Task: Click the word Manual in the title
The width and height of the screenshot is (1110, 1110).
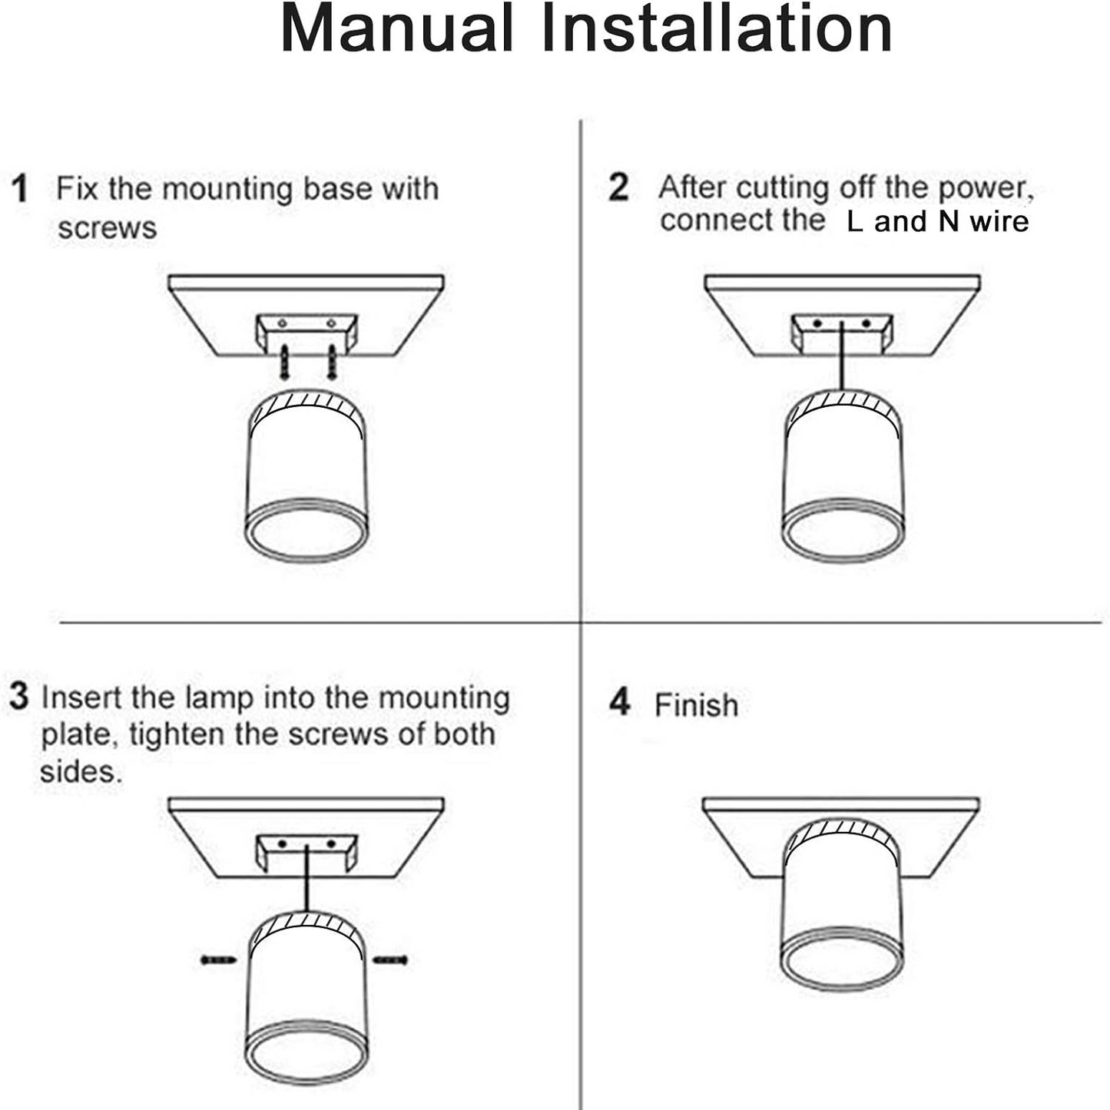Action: [x=397, y=29]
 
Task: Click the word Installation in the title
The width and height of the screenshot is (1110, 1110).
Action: [x=716, y=29]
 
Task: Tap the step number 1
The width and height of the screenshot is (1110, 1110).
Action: [x=20, y=189]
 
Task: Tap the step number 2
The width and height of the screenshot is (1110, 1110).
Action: [x=618, y=187]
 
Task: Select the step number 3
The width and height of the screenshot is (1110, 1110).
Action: [x=19, y=696]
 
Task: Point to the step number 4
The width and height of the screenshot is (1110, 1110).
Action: [x=619, y=702]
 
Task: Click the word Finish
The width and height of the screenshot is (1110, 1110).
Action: [x=696, y=705]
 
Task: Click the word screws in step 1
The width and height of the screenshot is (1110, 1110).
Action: [x=107, y=228]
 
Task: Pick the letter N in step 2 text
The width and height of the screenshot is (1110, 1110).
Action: [x=949, y=221]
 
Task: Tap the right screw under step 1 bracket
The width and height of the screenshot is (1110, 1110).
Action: [x=332, y=362]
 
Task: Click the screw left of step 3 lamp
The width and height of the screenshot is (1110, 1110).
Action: [x=217, y=959]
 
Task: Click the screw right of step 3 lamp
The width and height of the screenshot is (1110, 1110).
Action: [x=391, y=959]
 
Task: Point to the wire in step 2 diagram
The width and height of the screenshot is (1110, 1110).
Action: [x=843, y=357]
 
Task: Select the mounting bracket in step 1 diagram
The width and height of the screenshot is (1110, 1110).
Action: [x=306, y=333]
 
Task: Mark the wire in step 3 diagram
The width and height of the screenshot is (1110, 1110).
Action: [x=307, y=880]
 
